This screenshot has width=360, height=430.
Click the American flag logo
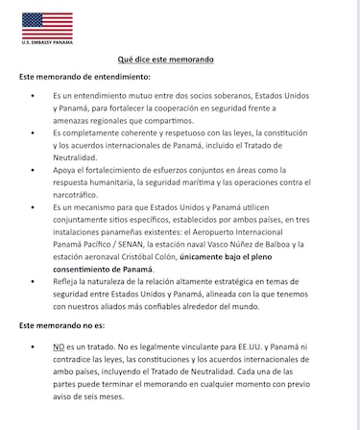click(x=47, y=25)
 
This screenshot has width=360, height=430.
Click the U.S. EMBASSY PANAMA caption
click(x=47, y=43)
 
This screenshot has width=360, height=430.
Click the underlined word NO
click(x=60, y=346)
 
